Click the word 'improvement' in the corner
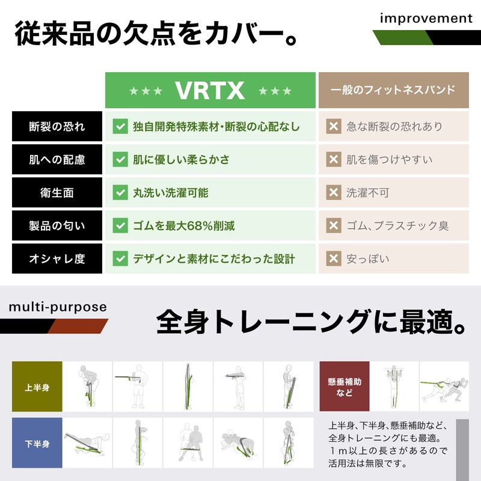(426, 19)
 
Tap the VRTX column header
(210, 91)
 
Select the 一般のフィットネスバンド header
(393, 91)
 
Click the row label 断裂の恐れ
(57, 127)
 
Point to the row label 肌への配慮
(57, 160)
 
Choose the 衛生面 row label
(57, 193)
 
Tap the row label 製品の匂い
(57, 226)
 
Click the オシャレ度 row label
(57, 259)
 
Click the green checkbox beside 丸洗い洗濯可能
(120, 193)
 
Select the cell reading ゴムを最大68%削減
(183, 226)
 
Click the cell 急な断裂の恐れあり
(394, 127)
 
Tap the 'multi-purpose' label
(58, 307)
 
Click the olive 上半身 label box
(37, 387)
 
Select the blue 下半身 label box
(37, 444)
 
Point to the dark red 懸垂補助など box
(345, 387)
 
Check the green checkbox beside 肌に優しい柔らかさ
(120, 160)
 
